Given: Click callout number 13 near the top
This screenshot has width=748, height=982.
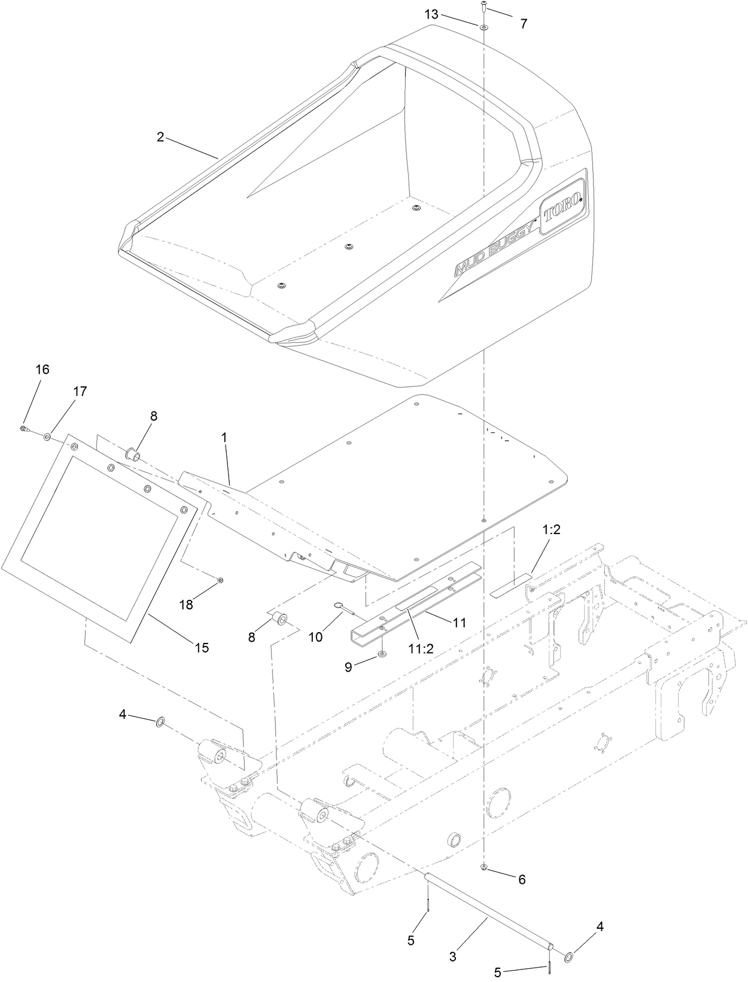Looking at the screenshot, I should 432,14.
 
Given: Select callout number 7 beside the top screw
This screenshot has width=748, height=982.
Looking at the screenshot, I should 524,24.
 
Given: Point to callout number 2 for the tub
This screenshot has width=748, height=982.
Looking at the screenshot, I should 160,137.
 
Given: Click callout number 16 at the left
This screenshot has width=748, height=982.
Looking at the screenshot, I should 42,370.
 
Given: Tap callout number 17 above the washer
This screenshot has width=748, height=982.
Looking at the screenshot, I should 80,391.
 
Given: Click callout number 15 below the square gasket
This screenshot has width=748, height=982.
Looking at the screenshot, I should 202,647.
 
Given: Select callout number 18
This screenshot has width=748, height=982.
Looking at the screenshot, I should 187,604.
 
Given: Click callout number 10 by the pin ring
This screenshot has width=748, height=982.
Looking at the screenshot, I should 315,637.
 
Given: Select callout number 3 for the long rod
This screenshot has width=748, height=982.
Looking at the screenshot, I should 452,957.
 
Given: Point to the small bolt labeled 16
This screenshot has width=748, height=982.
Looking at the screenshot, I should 23,428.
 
